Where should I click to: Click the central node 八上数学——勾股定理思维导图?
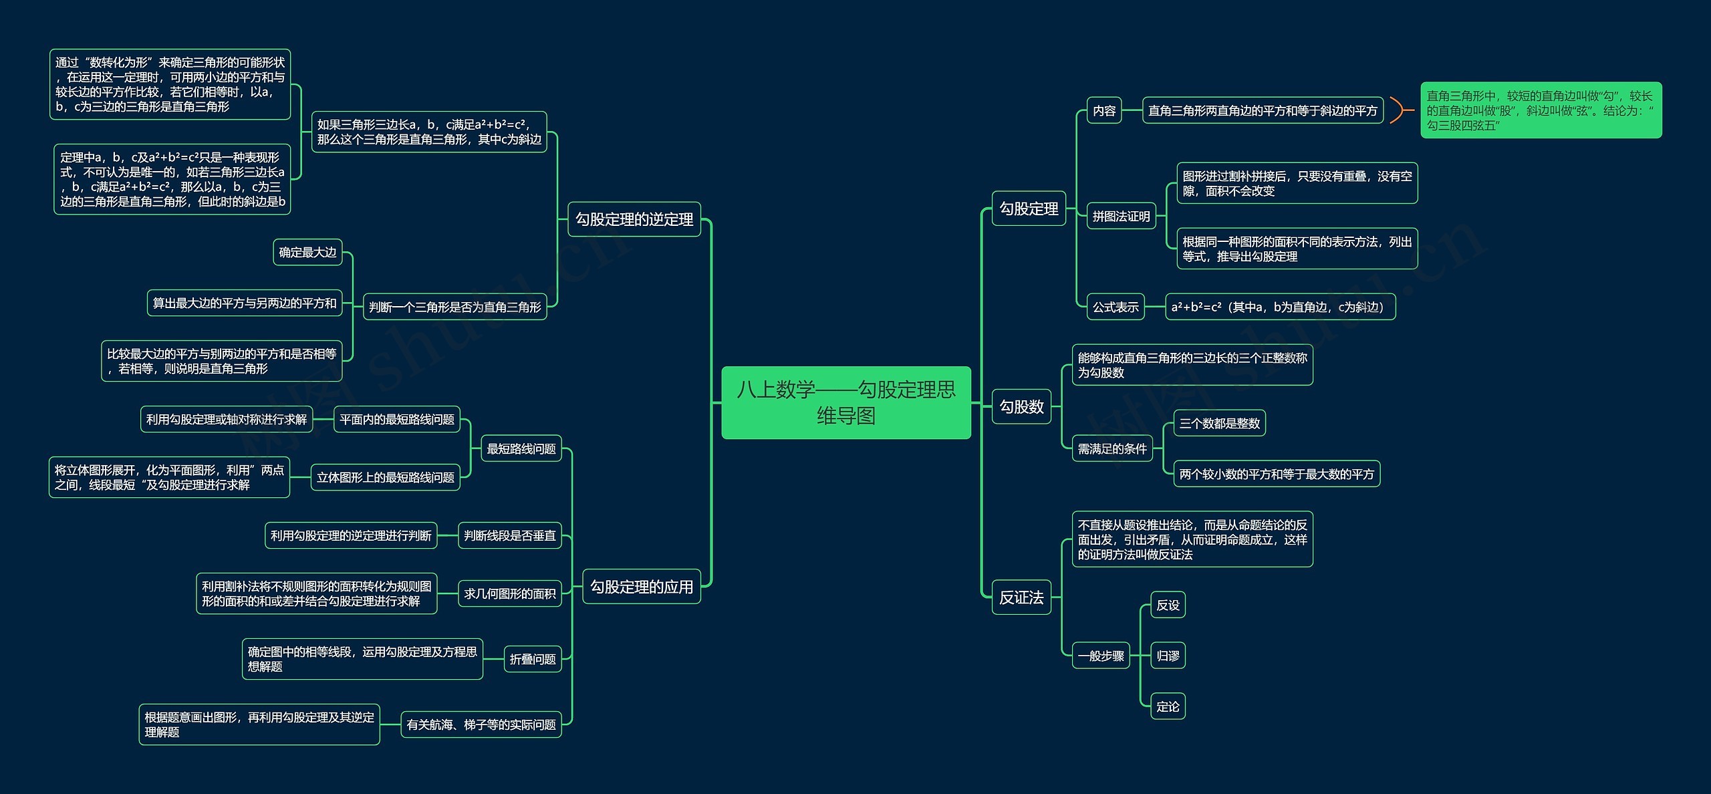point(845,402)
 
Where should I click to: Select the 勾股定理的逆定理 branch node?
point(634,219)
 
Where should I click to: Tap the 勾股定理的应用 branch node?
point(641,587)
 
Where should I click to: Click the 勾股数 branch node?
point(1021,406)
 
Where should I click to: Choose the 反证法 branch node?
point(1021,598)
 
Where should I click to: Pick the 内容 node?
point(1103,110)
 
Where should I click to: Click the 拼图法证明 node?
point(1121,216)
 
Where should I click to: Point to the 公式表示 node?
point(1115,307)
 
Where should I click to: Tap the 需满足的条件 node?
point(1111,448)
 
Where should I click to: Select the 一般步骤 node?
point(1100,656)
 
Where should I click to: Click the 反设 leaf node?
point(1168,605)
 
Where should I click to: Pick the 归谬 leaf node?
point(1168,656)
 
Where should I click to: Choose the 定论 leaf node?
point(1168,706)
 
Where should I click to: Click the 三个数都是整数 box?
point(1219,423)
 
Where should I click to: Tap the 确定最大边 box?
point(307,252)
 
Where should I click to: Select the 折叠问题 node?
point(532,659)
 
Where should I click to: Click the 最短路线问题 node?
point(521,448)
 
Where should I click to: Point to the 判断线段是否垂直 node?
point(509,535)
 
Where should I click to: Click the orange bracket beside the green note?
point(1398,110)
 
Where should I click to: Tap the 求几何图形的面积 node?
point(509,593)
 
